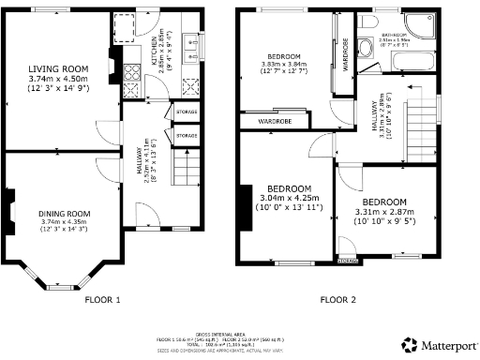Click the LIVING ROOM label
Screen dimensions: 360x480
(x=57, y=69)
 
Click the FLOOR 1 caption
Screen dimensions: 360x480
(x=102, y=300)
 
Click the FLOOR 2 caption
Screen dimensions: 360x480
(x=338, y=300)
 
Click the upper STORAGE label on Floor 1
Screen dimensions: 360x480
(x=187, y=113)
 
